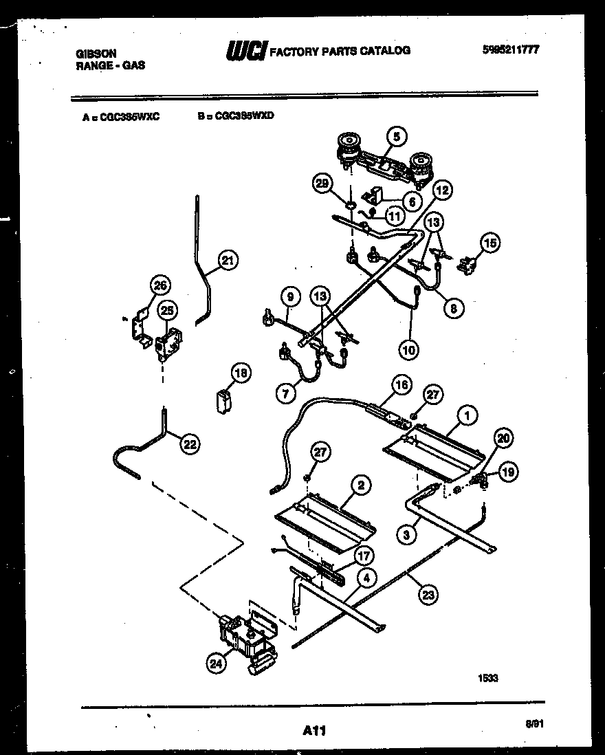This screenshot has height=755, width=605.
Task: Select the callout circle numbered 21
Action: tap(228, 261)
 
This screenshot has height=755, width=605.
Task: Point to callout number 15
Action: tap(490, 242)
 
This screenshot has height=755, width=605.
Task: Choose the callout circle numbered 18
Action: tap(240, 373)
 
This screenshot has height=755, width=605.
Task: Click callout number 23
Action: tap(428, 594)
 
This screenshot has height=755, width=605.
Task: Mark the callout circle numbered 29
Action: tap(321, 184)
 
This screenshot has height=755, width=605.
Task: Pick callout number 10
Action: tap(409, 350)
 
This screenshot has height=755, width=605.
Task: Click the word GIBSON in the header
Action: tap(96, 53)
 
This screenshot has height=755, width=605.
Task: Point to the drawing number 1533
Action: tap(487, 678)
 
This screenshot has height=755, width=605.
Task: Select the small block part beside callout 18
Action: tap(223, 400)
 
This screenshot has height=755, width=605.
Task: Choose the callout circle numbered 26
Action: tap(160, 286)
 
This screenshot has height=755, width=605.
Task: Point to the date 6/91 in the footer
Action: tap(532, 724)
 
